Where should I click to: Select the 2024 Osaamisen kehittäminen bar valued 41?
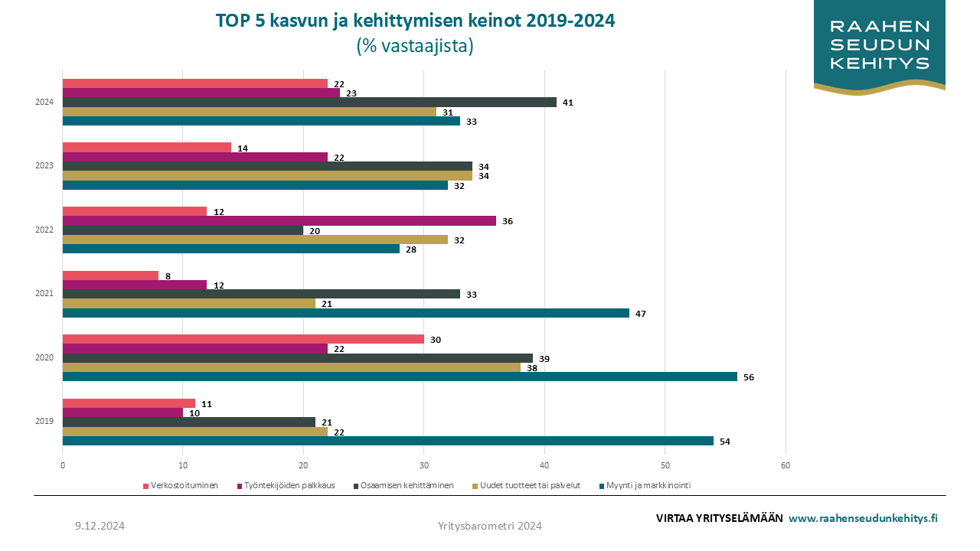(x=309, y=103)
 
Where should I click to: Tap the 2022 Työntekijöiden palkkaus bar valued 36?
(x=279, y=221)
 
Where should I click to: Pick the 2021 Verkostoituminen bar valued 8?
(x=110, y=275)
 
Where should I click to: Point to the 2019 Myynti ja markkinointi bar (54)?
(x=387, y=441)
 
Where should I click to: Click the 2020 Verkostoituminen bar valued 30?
(x=243, y=339)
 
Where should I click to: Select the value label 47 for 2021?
(x=641, y=313)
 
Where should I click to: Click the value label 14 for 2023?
(x=243, y=148)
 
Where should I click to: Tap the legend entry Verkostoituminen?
(x=181, y=485)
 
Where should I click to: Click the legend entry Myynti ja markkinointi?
(x=653, y=485)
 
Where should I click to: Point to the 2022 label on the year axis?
(x=44, y=230)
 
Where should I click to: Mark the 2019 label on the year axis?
(x=44, y=422)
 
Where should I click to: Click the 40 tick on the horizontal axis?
(x=544, y=465)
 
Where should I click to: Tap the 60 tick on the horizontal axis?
(x=786, y=465)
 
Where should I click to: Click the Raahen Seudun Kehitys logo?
(x=880, y=46)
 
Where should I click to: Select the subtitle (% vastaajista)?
(x=415, y=46)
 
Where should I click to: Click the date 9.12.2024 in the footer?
(x=100, y=526)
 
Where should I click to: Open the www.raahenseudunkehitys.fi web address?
(x=863, y=518)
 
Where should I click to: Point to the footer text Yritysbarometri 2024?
(x=490, y=526)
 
